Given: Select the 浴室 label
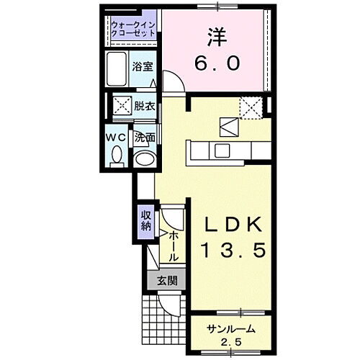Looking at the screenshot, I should tap(143, 67).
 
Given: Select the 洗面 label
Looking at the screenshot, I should tap(145, 137).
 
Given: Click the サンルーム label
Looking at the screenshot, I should tap(230, 329).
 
